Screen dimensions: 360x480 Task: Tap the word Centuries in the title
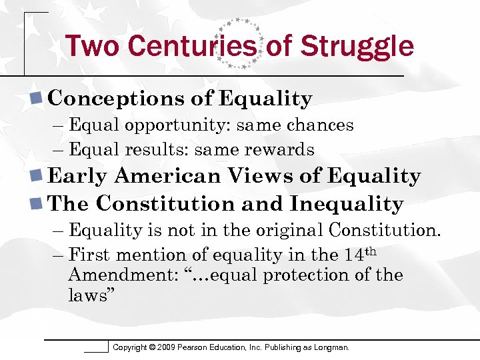192,46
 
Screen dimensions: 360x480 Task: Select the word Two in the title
92,46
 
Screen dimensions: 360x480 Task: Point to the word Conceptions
117,99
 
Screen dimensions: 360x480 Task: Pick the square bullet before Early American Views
38,176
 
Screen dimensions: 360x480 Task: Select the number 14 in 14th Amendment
353,255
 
